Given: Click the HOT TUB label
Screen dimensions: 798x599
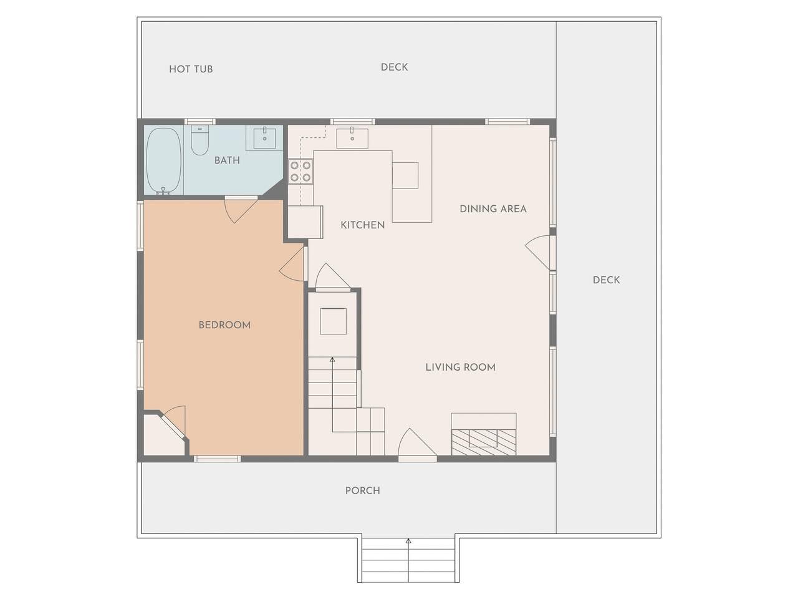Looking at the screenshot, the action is pyautogui.click(x=191, y=69).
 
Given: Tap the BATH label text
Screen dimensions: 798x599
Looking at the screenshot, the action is pyautogui.click(x=227, y=160).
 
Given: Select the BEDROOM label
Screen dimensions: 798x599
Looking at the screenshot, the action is pyautogui.click(x=224, y=325).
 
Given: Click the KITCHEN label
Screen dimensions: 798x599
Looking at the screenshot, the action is pyautogui.click(x=363, y=225).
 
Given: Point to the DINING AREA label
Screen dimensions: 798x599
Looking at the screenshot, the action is pyautogui.click(x=493, y=209).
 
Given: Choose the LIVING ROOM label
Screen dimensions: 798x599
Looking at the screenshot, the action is pyautogui.click(x=461, y=368).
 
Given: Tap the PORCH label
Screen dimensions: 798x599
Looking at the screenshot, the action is pyautogui.click(x=363, y=491).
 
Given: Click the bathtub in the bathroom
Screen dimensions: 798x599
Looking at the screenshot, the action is pyautogui.click(x=163, y=161).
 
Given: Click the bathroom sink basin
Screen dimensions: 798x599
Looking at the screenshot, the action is pyautogui.click(x=264, y=138).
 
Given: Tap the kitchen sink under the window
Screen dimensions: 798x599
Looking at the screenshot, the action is pyautogui.click(x=352, y=138).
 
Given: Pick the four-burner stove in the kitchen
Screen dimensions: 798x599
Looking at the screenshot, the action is pyautogui.click(x=300, y=172).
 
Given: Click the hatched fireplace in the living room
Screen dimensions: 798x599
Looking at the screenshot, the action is pyautogui.click(x=484, y=442).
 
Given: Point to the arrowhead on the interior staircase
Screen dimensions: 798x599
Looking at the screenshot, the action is pyautogui.click(x=332, y=359).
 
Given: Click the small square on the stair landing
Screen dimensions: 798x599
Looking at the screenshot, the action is pyautogui.click(x=333, y=321).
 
